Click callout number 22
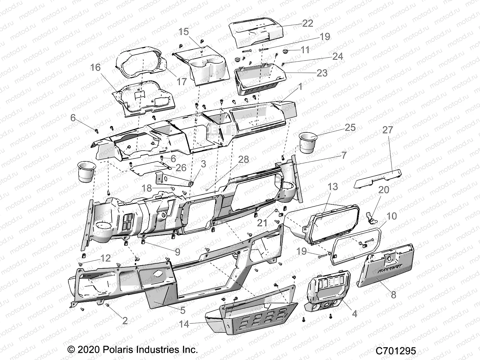(x=308, y=23)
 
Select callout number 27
(x=388, y=130)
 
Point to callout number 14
(x=184, y=324)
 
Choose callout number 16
(x=95, y=68)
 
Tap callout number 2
(x=125, y=321)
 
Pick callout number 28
(x=243, y=160)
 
